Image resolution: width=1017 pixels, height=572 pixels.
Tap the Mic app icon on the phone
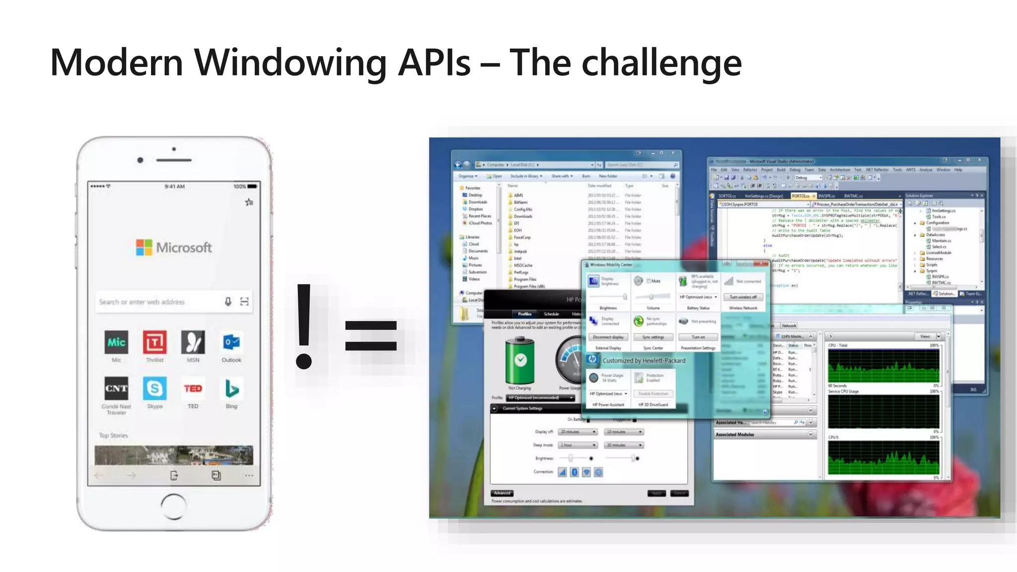pos(116,342)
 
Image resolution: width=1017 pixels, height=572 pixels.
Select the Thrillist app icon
pos(154,342)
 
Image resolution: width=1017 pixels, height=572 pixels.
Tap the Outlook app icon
pos(231,342)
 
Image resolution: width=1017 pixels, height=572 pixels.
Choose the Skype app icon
pos(154,388)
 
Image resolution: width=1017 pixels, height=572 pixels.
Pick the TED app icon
pos(193,388)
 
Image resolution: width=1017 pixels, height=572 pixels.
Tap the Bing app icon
pos(231,388)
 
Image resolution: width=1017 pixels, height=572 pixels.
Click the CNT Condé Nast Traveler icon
pos(116,388)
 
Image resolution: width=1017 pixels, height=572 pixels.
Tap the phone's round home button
pos(174,506)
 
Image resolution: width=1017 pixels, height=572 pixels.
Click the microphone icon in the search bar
pos(228,301)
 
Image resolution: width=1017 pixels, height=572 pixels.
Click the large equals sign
pos(371,336)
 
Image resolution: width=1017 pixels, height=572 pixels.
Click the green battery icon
pos(519,360)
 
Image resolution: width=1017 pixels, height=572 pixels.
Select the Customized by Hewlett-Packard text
pos(644,360)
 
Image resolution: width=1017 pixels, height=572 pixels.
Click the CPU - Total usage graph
pos(883,366)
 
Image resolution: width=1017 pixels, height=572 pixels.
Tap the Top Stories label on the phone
pos(113,435)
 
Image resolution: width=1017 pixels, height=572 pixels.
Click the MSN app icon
pos(193,342)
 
